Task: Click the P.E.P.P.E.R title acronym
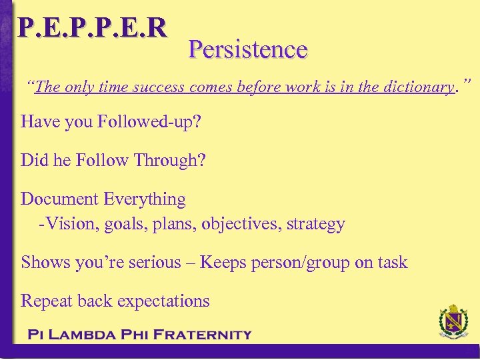point(92,27)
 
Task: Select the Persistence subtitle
point(247,49)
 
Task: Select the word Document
point(61,199)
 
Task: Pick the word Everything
point(145,199)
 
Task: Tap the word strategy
point(316,224)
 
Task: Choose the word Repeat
point(47,301)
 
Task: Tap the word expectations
point(163,301)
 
